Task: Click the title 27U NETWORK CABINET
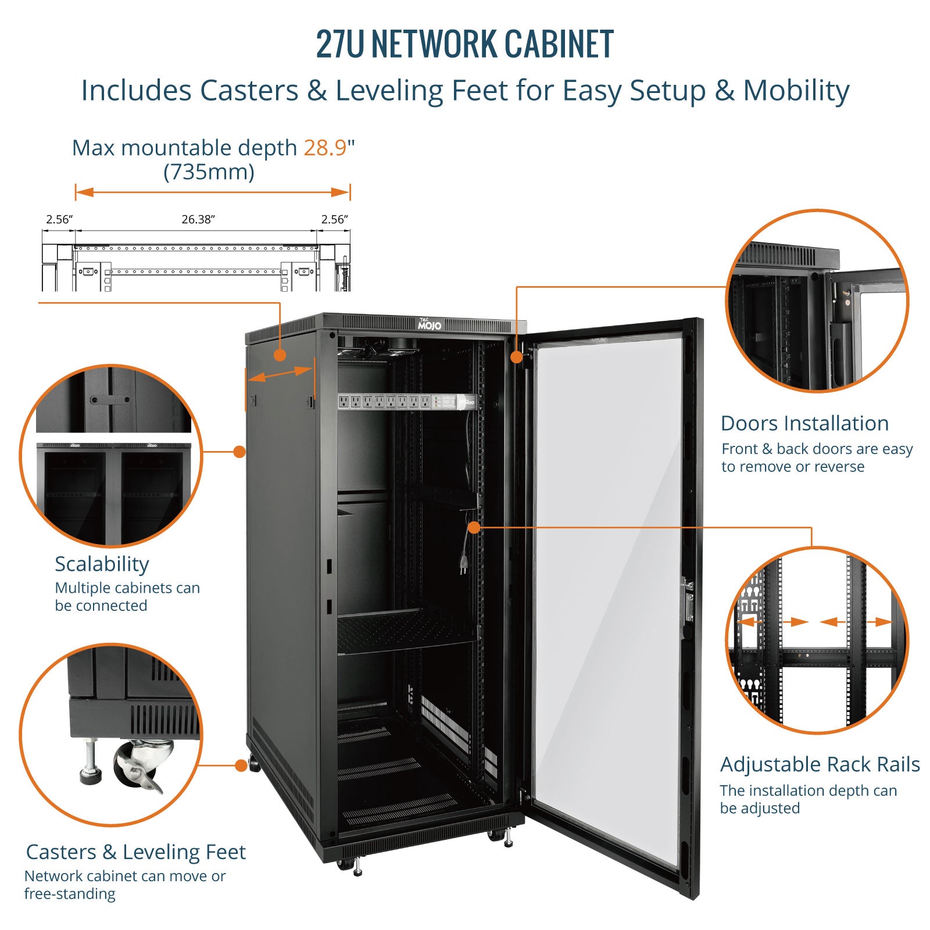click(x=465, y=44)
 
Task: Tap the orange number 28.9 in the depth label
click(x=325, y=148)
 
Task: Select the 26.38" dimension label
click(x=198, y=219)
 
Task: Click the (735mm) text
click(x=209, y=172)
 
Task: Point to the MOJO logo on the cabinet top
click(x=430, y=324)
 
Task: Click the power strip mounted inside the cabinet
click(x=407, y=401)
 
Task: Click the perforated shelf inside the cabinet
click(x=407, y=631)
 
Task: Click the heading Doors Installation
click(x=804, y=423)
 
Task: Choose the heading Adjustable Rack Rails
click(x=820, y=764)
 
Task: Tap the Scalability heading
click(x=102, y=564)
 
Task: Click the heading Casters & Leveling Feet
click(x=135, y=852)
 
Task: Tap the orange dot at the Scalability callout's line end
click(x=239, y=451)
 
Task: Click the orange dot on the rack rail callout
click(x=474, y=527)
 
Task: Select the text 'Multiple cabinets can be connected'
click(x=127, y=597)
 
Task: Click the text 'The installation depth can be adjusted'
click(x=809, y=799)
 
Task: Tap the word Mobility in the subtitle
click(x=796, y=91)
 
